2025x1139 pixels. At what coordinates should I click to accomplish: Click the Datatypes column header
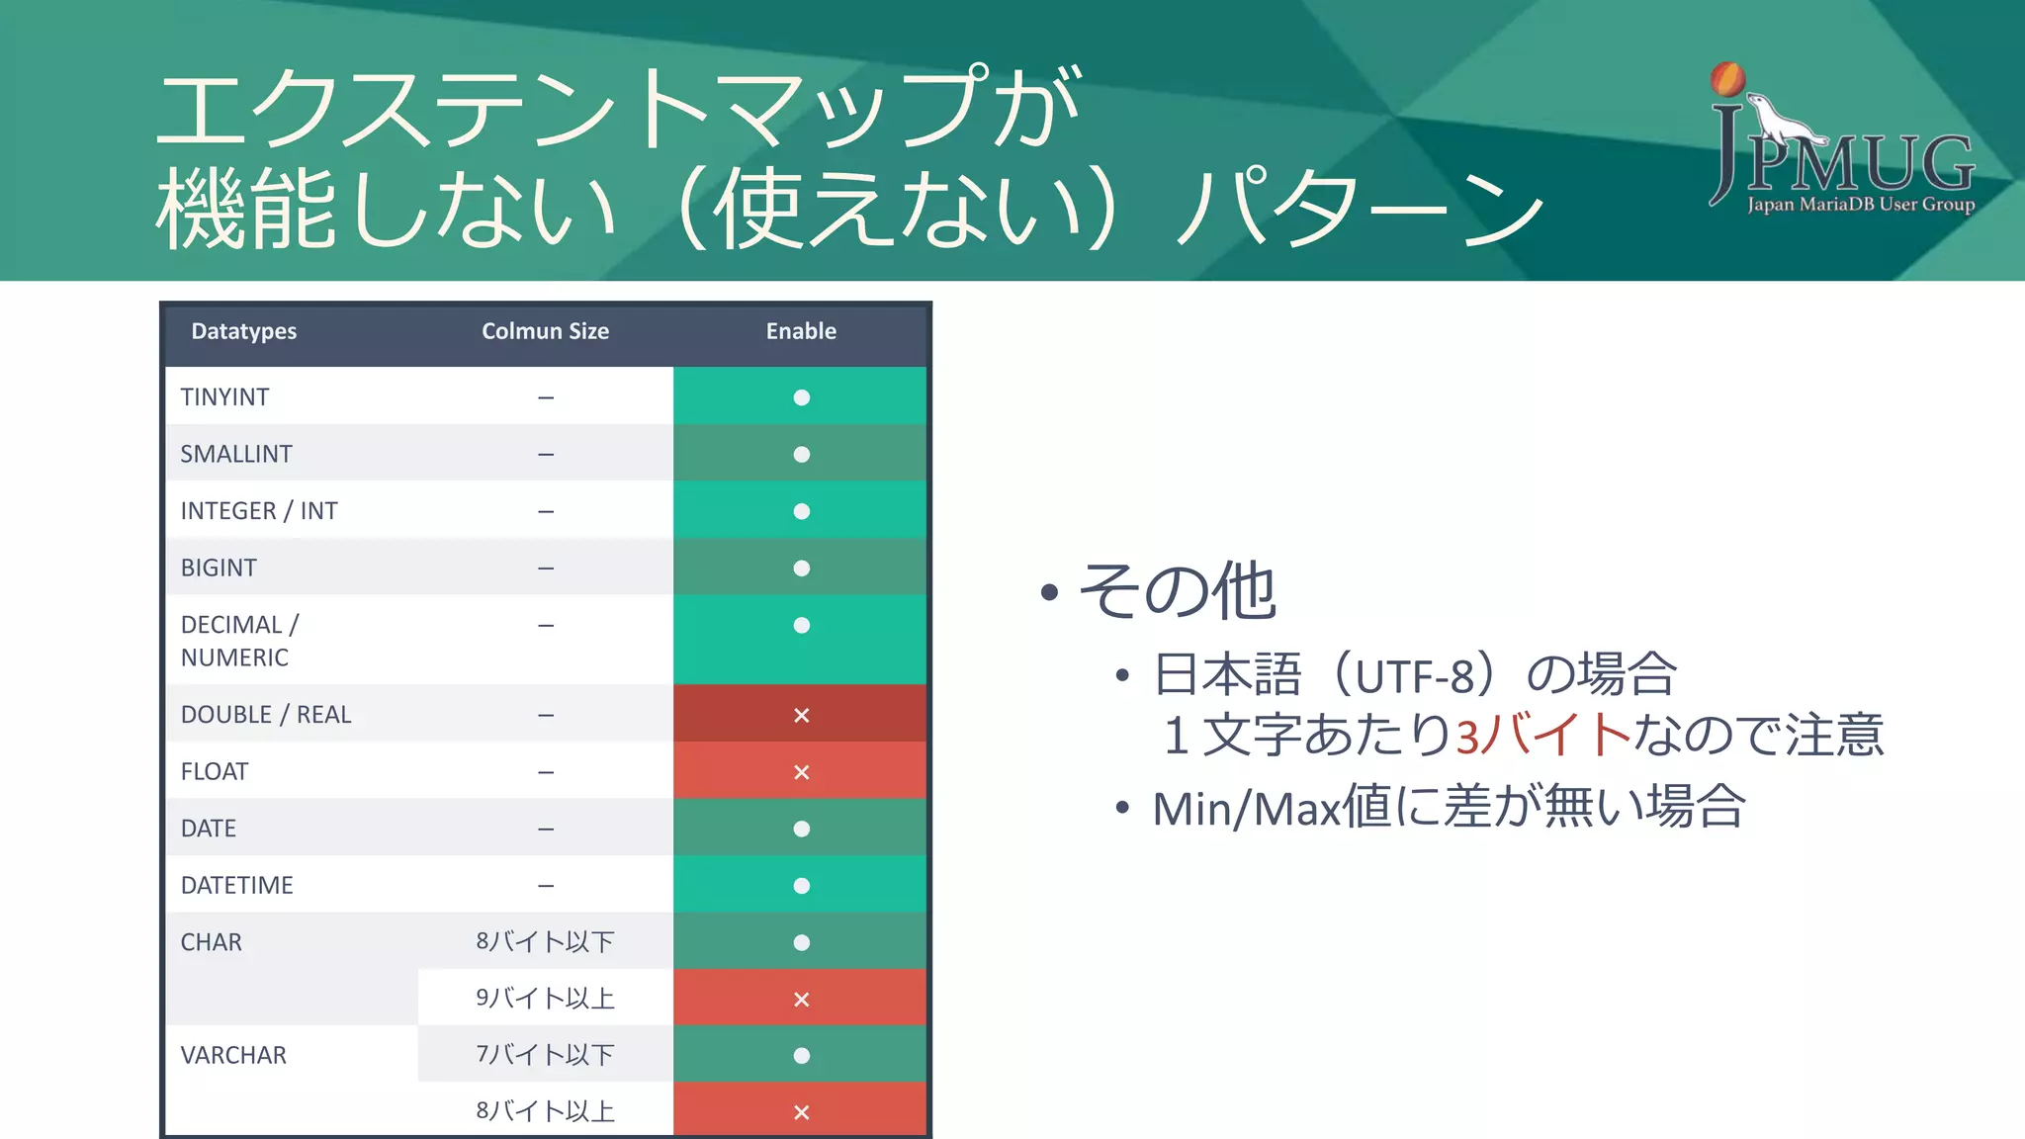point(243,331)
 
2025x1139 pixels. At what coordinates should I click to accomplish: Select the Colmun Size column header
point(545,331)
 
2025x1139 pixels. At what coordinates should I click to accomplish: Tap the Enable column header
point(801,331)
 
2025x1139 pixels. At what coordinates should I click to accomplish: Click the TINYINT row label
point(224,397)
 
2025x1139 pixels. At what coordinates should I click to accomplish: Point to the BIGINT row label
point(219,569)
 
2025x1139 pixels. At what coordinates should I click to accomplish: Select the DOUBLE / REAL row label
point(266,715)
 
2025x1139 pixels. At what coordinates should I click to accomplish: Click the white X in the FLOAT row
point(801,772)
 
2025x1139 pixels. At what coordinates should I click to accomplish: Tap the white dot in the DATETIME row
point(801,886)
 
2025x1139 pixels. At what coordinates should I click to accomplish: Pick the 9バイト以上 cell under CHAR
point(545,999)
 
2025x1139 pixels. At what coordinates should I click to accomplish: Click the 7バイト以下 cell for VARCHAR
point(545,1055)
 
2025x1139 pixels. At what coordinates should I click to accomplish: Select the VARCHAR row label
point(233,1056)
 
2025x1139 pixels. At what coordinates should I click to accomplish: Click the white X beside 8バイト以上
point(801,1112)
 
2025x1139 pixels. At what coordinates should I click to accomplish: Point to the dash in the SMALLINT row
point(546,455)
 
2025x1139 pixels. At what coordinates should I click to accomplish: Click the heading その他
point(1177,591)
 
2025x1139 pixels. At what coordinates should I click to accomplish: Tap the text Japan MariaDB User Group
point(1860,205)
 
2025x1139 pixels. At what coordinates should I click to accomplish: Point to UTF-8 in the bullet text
point(1415,677)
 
